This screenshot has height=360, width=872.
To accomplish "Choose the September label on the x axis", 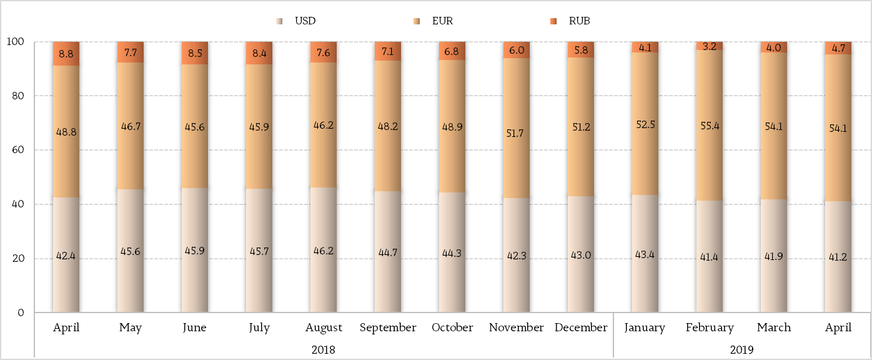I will pyautogui.click(x=388, y=327).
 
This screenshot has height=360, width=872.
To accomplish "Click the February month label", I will pyautogui.click(x=709, y=327).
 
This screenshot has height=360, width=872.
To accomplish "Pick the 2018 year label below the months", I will pyautogui.click(x=323, y=350).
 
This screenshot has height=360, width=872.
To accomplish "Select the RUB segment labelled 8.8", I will pyautogui.click(x=66, y=54).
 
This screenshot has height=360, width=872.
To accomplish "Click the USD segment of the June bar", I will pyautogui.click(x=195, y=250).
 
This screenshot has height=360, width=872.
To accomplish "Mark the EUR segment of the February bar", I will pyautogui.click(x=710, y=125).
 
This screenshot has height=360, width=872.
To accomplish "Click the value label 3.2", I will pyautogui.click(x=710, y=46).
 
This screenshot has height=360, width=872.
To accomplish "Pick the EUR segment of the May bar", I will pyautogui.click(x=131, y=126).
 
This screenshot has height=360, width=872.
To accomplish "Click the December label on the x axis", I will pyautogui.click(x=581, y=327).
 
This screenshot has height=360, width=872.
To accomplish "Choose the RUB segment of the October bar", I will pyautogui.click(x=452, y=51).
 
